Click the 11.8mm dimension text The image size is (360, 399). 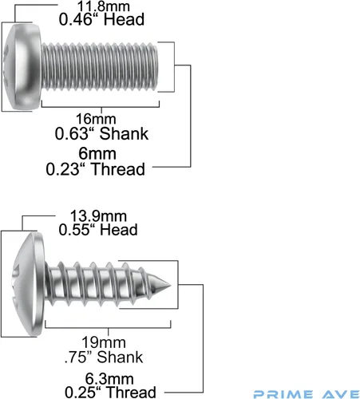104,6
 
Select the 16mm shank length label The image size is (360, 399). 96,119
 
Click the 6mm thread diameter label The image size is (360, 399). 97,154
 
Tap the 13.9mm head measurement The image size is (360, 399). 98,216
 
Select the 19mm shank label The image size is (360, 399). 104,342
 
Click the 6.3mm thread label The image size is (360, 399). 109,379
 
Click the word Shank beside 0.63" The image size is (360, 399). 124,133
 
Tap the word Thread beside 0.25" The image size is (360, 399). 131,392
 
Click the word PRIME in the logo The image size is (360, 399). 283,394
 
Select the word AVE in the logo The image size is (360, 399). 341,394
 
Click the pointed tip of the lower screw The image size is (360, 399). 171,285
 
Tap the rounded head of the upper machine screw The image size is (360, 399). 22,66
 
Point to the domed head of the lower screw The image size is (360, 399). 29,284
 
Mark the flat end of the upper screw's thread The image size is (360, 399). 157,66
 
